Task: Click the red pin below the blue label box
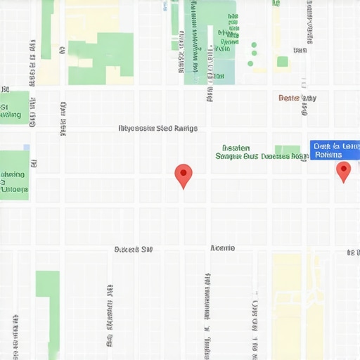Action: tap(343, 170)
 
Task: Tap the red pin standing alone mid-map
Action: tap(183, 174)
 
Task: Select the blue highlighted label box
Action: tap(334, 150)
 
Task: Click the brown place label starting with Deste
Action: tap(297, 98)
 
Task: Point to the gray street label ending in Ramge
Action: tap(157, 129)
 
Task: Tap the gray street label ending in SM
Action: tap(134, 249)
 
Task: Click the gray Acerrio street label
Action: tap(223, 248)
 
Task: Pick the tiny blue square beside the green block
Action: tap(27, 148)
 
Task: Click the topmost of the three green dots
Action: tap(254, 44)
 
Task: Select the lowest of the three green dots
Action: tap(250, 64)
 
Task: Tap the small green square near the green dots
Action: tap(282, 62)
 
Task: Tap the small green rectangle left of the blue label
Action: tap(288, 151)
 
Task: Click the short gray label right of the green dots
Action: tap(300, 50)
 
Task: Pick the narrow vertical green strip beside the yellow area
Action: tap(47, 28)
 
